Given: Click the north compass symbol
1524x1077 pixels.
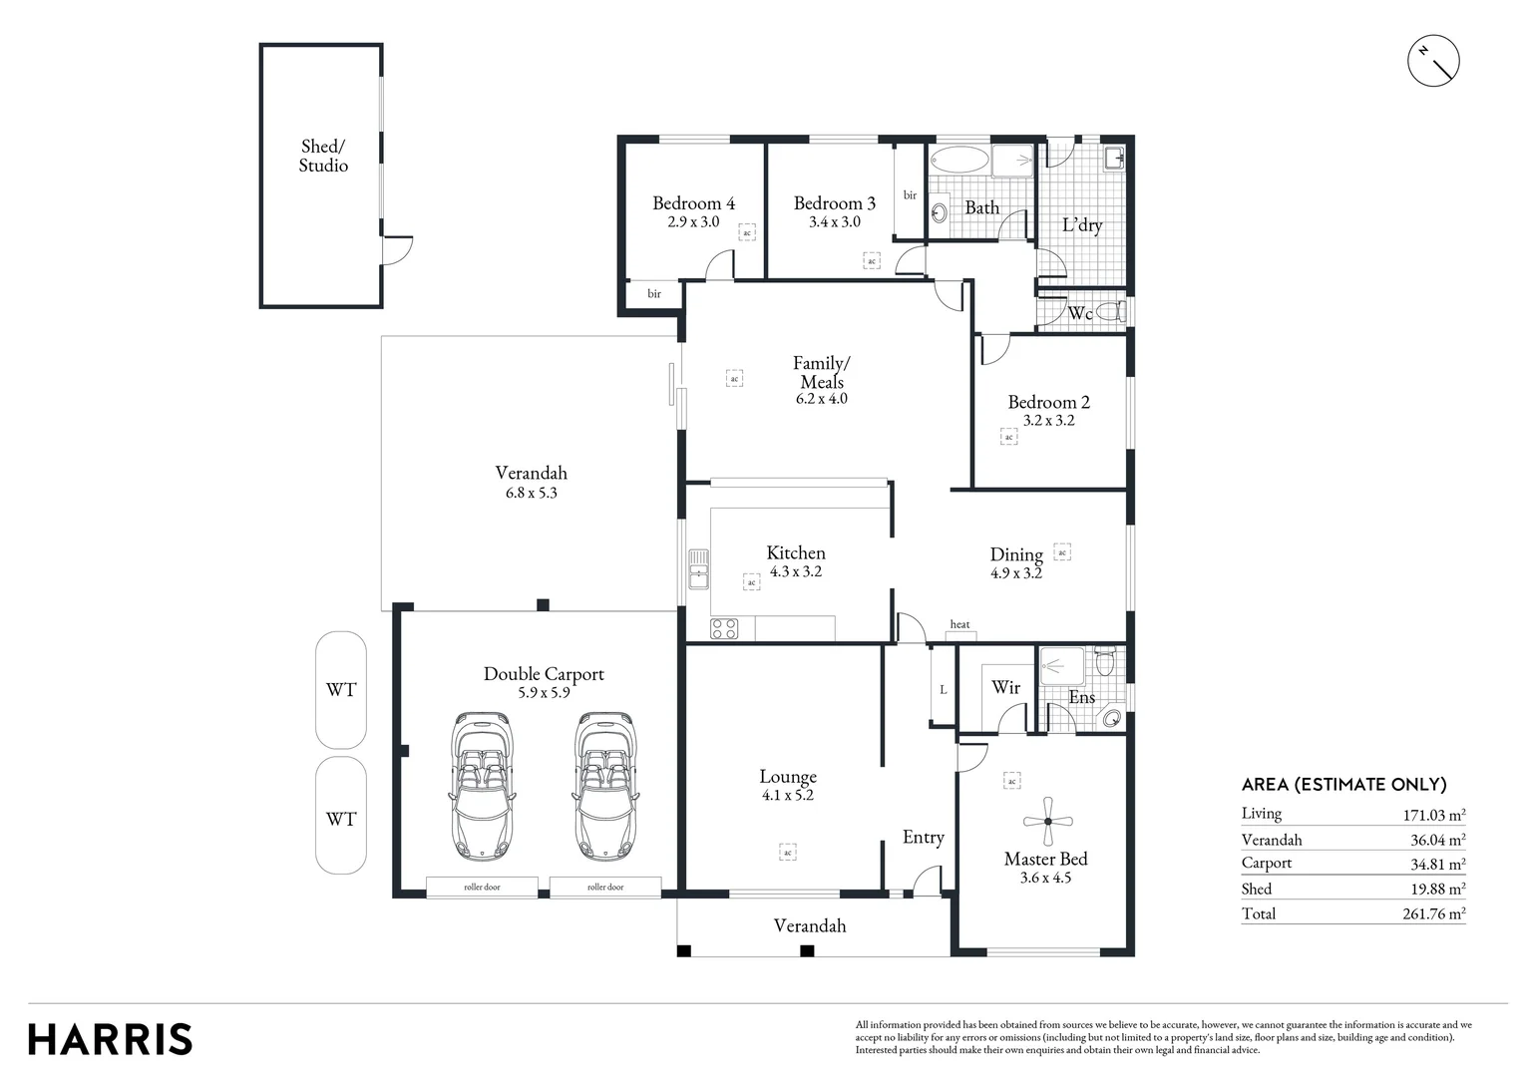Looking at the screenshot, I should pos(1433,62).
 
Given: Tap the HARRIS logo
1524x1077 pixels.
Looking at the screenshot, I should pos(110,1038).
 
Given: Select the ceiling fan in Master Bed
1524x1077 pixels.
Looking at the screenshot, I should pos(1047,821).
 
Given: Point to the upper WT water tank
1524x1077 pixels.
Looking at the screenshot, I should pos(341,689).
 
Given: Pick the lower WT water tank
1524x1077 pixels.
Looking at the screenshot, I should pos(341,818).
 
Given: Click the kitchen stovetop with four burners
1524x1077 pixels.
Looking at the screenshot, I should pos(723,628).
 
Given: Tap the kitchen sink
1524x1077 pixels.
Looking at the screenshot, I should pos(698,568).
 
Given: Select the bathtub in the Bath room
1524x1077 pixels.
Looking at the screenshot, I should pos(958,161).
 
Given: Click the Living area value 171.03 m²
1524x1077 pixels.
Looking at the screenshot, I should pos(1433,815).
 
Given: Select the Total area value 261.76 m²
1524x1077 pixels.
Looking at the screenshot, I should pos(1433,913).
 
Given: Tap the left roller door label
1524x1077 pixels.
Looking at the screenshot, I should pos(482,887).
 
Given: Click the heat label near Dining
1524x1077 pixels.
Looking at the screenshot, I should pos(959,624).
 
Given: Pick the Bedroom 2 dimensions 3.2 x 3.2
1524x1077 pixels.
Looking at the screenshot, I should pos(1048,421).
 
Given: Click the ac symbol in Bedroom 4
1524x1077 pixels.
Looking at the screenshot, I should pos(746,232).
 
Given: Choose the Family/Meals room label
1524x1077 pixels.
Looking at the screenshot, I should pos(822,372).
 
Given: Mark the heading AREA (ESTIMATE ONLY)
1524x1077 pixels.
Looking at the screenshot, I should pos(1343,785).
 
